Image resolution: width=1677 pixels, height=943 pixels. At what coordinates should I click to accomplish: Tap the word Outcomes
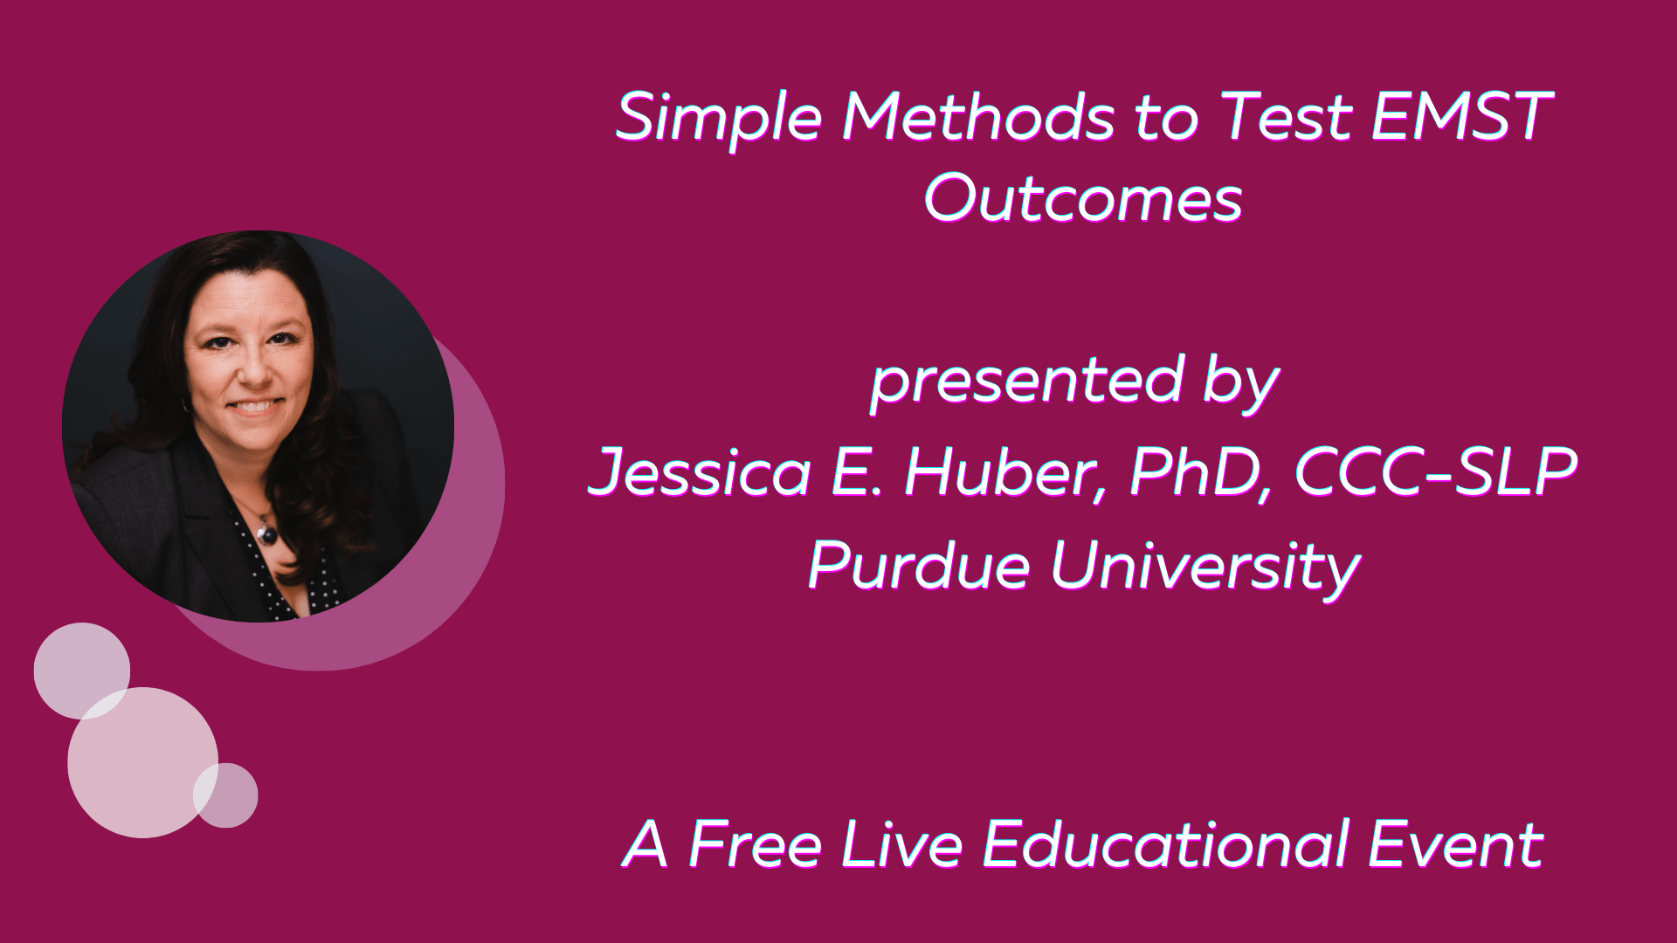(x=1083, y=198)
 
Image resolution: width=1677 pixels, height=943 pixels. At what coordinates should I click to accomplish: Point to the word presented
(x=1027, y=382)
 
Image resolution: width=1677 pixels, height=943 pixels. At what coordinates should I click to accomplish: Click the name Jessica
(x=699, y=471)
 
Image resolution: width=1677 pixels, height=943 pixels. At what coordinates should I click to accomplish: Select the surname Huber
(x=1004, y=471)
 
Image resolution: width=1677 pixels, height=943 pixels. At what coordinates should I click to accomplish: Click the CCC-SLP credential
(x=1437, y=471)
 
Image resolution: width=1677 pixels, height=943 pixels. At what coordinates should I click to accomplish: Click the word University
(x=1205, y=565)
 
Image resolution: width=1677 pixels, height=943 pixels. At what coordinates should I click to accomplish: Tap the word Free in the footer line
(x=756, y=844)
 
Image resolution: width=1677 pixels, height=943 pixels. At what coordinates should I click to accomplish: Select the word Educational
(x=1166, y=844)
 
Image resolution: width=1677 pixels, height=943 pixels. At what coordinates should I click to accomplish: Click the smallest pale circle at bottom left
(x=225, y=795)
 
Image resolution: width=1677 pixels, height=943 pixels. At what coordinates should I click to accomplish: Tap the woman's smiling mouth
(x=255, y=407)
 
